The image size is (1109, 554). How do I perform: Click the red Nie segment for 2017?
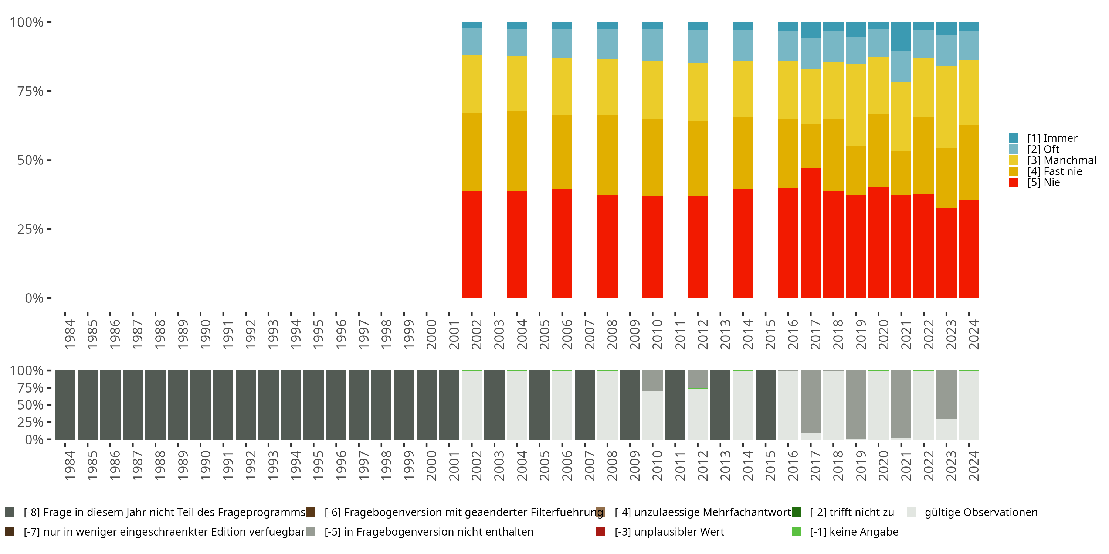811,233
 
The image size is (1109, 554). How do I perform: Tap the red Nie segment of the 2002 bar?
472,244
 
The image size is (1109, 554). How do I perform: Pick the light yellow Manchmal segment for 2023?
946,107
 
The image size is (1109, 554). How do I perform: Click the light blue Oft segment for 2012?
698,47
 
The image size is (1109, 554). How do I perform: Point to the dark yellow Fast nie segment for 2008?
607,155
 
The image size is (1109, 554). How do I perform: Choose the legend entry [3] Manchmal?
1052,160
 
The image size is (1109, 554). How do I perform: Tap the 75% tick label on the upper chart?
30,91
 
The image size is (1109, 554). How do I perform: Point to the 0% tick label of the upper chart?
34,298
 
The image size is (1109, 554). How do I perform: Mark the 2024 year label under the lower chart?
974,465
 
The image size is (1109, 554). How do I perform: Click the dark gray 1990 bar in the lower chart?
201,405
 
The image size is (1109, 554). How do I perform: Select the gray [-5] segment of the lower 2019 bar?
856,404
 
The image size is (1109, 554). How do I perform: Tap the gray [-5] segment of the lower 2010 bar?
653,381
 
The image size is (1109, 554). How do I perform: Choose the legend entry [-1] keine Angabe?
845,532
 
